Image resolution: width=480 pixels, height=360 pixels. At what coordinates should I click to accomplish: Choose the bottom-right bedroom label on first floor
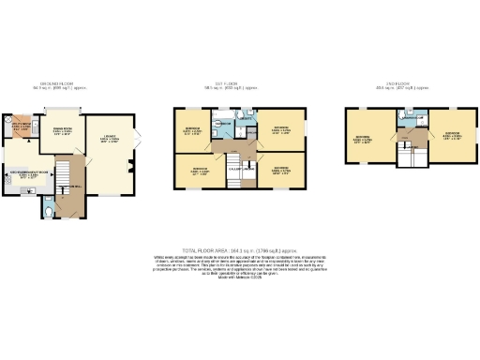coord(281,171)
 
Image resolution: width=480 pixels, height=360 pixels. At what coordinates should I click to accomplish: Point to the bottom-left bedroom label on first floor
coord(197,172)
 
